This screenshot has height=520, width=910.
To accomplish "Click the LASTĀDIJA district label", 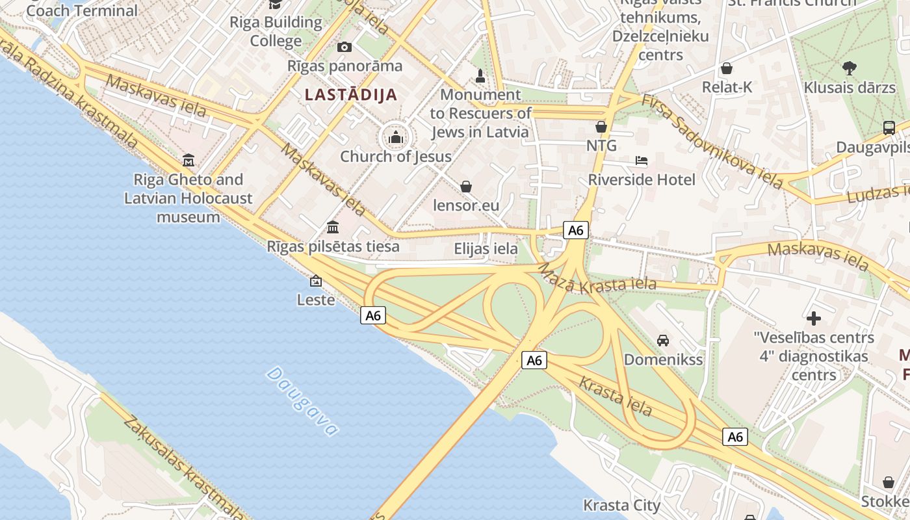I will click(x=351, y=94).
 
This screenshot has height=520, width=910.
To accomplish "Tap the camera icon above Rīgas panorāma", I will click(x=344, y=47).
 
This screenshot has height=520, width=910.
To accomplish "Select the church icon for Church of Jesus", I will click(x=395, y=137).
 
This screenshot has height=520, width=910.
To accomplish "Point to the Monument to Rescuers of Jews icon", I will click(x=480, y=76).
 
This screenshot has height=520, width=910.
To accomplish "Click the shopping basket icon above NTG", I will click(x=601, y=127).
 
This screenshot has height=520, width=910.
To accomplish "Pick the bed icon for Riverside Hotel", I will click(x=642, y=161).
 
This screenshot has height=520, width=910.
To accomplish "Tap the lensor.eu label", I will click(x=466, y=206).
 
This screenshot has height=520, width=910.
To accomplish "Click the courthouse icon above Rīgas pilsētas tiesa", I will click(x=333, y=227).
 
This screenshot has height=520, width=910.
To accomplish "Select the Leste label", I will click(x=316, y=300).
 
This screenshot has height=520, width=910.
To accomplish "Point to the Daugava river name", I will click(x=302, y=401).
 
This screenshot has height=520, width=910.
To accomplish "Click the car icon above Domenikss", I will click(x=663, y=340).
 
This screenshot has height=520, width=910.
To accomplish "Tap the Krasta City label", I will click(x=621, y=505).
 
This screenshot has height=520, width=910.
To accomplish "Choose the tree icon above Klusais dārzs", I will click(x=849, y=68).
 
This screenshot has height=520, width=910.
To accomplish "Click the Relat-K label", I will click(x=727, y=87).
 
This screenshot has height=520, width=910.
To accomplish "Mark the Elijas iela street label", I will click(x=486, y=248).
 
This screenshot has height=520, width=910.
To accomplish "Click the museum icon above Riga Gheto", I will click(x=188, y=160).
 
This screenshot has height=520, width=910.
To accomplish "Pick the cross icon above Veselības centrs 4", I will click(x=813, y=318).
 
